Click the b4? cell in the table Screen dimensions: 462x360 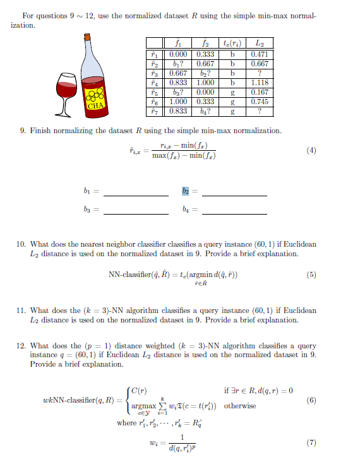point(205,110)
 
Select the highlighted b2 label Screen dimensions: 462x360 point(186,191)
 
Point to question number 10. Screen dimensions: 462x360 point(25,244)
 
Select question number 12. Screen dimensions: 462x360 point(25,346)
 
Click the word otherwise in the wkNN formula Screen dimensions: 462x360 point(240,406)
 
